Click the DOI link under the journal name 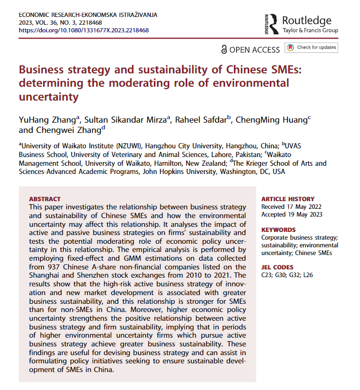pyautogui.click(x=84, y=30)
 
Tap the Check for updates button pyautogui.click(x=312, y=48)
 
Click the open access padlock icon pyautogui.click(x=224, y=49)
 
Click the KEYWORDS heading pyautogui.click(x=278, y=230)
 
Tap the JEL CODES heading pyautogui.click(x=277, y=267)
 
